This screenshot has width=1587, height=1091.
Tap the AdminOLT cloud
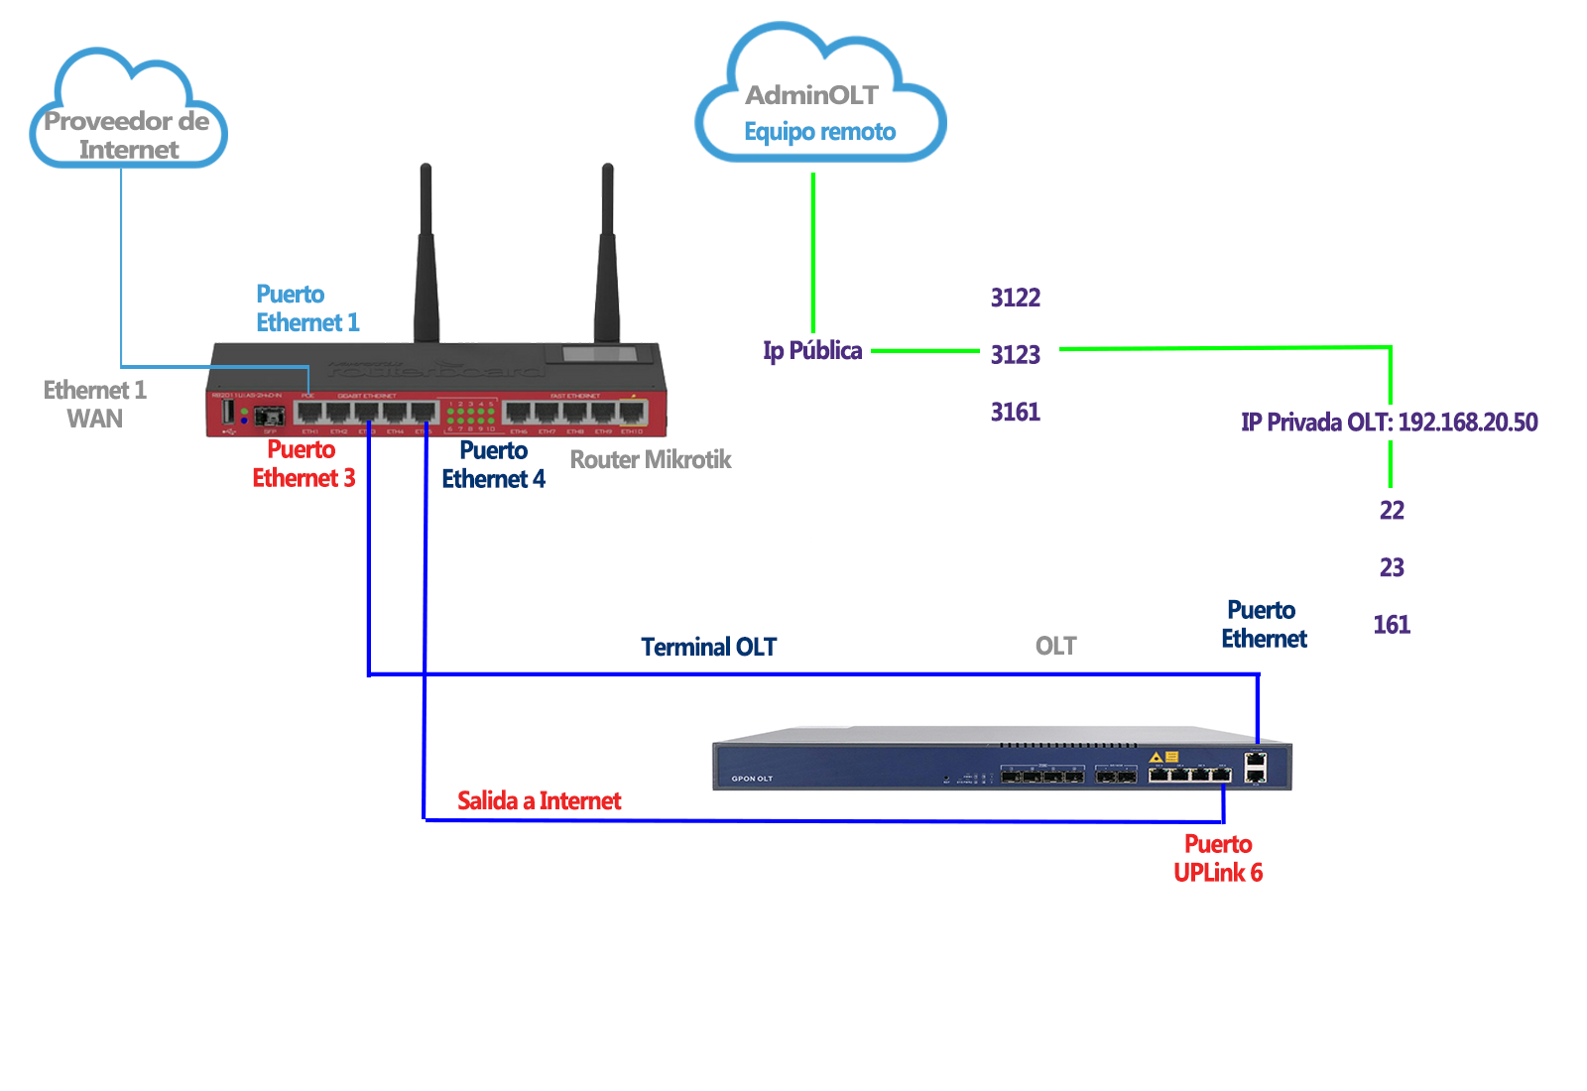coord(819,99)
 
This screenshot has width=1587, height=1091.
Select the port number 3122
coord(1015,298)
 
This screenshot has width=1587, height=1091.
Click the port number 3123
coord(1015,354)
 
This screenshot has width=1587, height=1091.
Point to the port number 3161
coord(1015,412)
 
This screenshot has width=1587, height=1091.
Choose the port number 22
coord(1392,510)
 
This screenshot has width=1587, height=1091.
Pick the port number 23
coord(1392,567)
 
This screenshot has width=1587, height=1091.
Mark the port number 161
coord(1392,624)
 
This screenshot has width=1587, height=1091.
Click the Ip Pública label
coord(812,350)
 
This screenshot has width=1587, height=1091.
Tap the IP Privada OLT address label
coord(1389,422)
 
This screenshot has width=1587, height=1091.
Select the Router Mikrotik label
coord(650,459)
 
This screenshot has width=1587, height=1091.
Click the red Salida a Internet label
coord(539,800)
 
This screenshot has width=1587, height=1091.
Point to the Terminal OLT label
coord(708,647)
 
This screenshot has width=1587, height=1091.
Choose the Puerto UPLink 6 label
coord(1218,858)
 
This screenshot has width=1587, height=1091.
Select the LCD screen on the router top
coord(599,354)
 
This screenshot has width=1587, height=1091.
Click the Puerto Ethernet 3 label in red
coord(303,463)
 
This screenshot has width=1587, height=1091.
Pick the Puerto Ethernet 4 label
coord(493,464)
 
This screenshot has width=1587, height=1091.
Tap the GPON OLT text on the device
coord(752,779)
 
